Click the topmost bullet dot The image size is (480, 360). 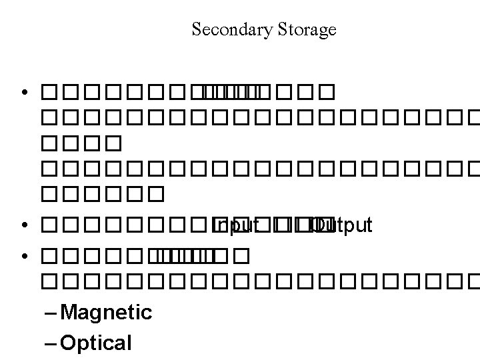pos(25,91)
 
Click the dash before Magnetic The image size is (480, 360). pos(51,312)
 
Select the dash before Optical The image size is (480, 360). pos(51,343)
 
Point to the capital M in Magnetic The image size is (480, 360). pos(68,312)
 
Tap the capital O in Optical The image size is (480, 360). pos(69,343)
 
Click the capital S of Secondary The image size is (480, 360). pos(196,30)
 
